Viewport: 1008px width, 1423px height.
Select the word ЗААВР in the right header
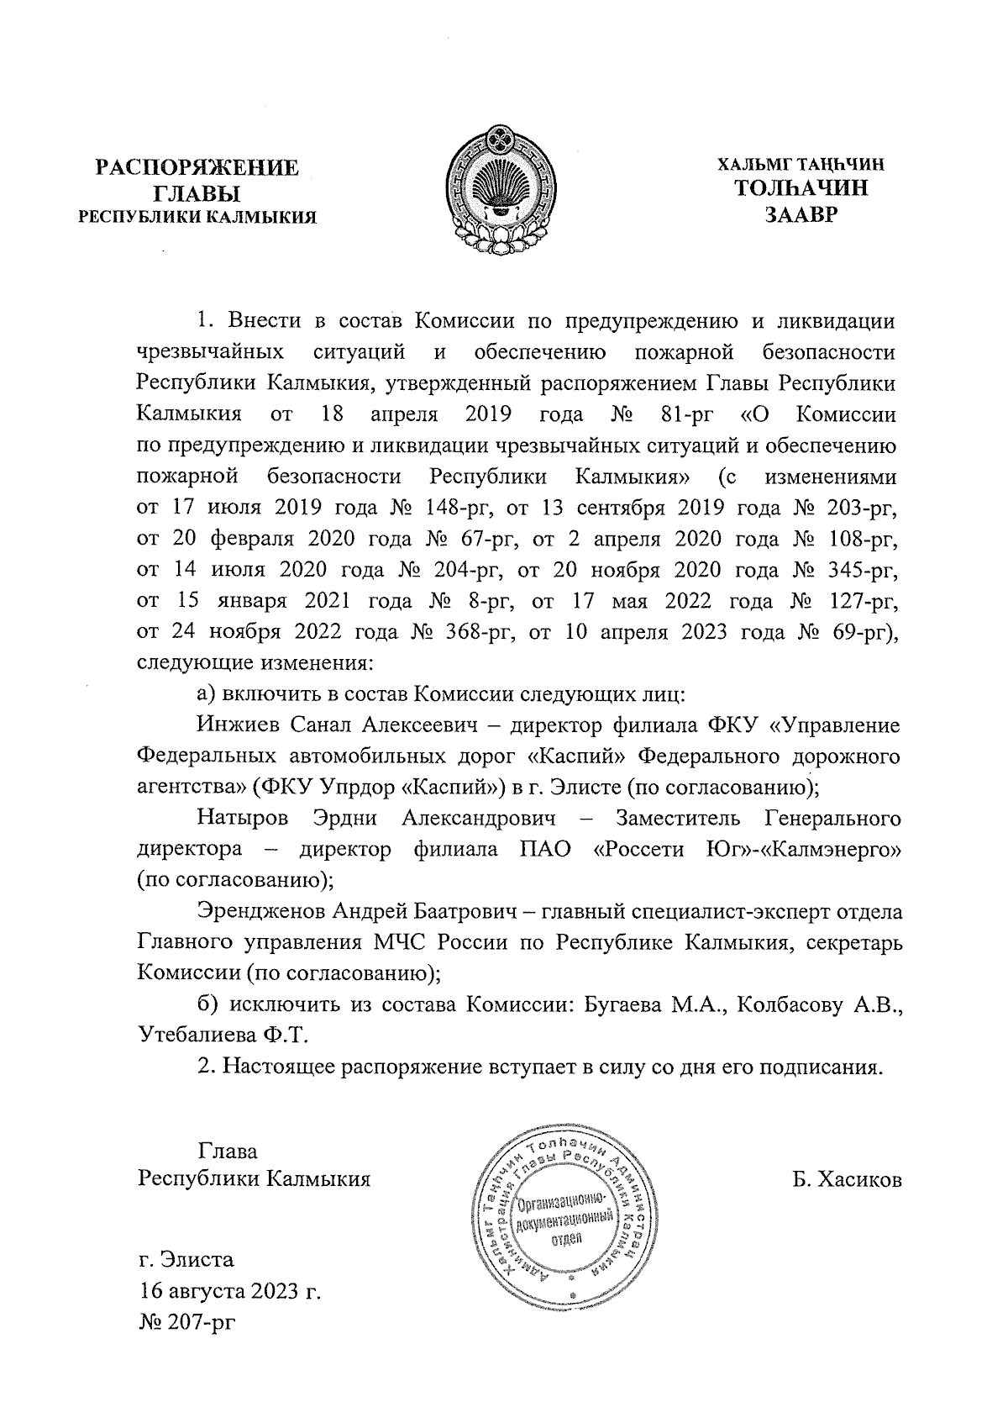tap(801, 215)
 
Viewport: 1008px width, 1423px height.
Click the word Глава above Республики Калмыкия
tap(228, 1151)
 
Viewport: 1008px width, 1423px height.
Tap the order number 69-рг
tap(868, 632)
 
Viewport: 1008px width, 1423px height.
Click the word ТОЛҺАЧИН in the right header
tap(801, 188)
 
